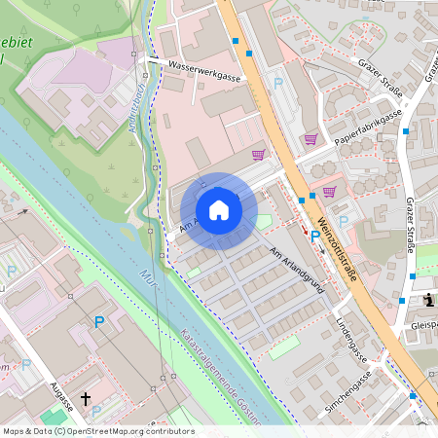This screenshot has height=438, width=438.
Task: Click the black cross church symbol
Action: [86, 399]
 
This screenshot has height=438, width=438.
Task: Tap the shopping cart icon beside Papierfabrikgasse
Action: [310, 139]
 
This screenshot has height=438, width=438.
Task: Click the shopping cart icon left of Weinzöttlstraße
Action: [258, 154]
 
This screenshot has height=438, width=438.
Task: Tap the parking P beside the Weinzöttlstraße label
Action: [315, 236]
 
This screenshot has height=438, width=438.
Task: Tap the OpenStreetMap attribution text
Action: [97, 431]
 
